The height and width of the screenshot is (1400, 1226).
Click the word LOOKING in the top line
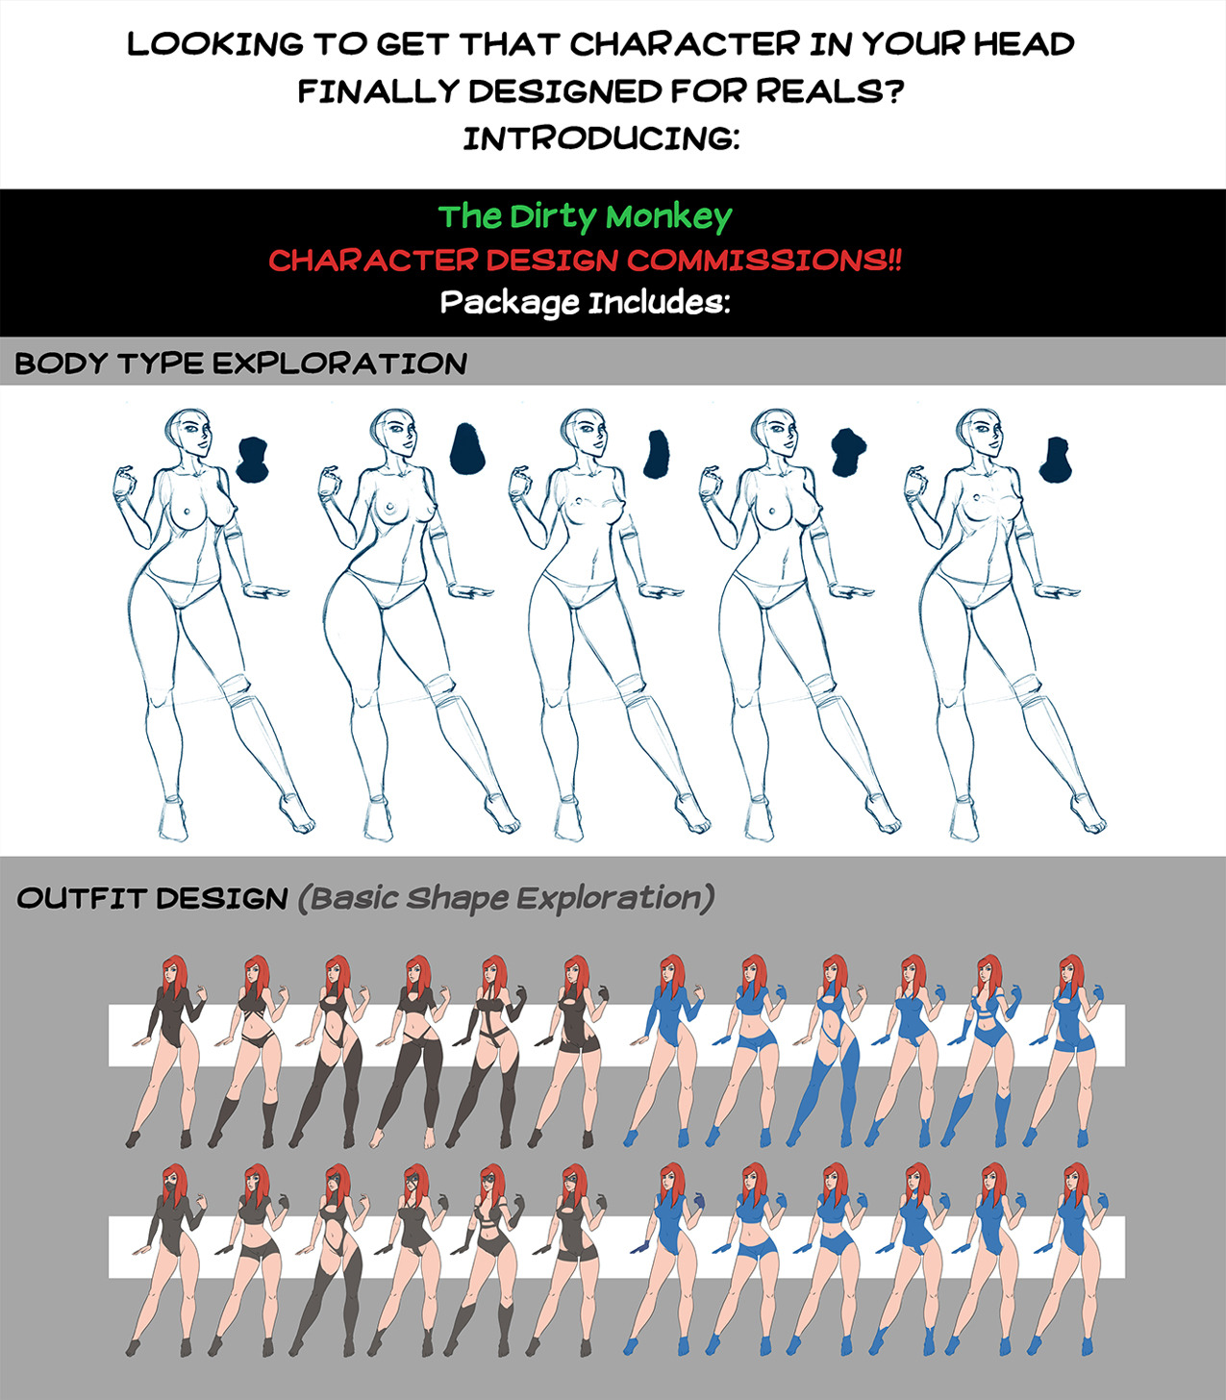click(215, 44)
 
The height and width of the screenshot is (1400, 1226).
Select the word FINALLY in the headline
click(378, 91)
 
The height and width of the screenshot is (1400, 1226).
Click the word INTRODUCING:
click(602, 138)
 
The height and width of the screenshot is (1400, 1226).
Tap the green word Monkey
click(669, 218)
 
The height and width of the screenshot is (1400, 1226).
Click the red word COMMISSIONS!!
click(764, 260)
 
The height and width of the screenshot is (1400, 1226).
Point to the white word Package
click(510, 303)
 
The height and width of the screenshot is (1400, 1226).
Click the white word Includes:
click(660, 303)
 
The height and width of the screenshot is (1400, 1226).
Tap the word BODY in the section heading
click(62, 363)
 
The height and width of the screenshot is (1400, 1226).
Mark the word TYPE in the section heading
click(161, 363)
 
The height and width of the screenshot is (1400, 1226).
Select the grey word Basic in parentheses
click(354, 898)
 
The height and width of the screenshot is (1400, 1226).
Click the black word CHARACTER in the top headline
click(685, 44)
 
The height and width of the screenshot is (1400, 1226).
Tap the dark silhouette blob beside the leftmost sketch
click(253, 460)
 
